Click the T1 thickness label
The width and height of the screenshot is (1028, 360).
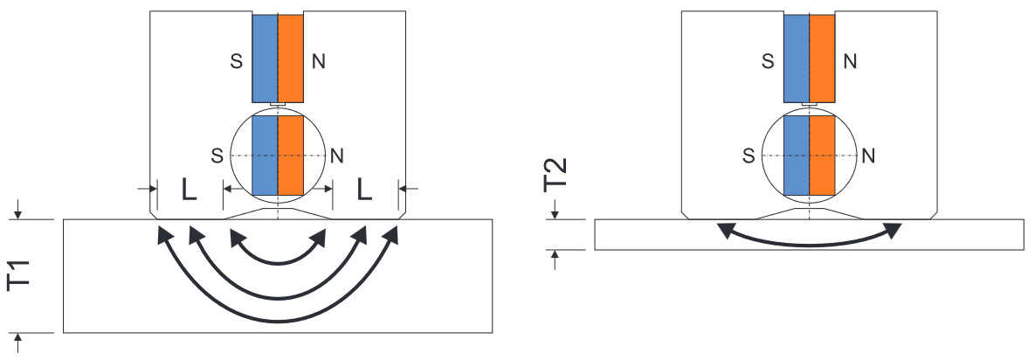[x=20, y=275]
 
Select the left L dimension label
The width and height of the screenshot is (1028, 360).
[x=189, y=190]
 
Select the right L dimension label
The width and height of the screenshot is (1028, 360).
[x=364, y=190]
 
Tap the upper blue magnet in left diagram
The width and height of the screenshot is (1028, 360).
[x=266, y=59]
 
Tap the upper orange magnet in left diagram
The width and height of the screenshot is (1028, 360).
[x=291, y=59]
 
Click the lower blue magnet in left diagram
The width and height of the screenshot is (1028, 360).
[x=266, y=156]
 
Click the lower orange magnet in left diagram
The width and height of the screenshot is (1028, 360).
[x=291, y=156]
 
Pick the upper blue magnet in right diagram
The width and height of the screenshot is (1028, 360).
[x=797, y=59]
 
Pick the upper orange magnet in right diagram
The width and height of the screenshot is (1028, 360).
[x=822, y=59]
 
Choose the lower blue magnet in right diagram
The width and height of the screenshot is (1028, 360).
[x=797, y=156]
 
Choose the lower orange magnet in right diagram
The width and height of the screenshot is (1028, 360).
[x=822, y=156]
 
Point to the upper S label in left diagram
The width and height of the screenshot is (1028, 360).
[x=237, y=62]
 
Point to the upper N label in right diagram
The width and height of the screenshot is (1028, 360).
[x=850, y=62]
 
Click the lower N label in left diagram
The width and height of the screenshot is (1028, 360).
[x=337, y=156]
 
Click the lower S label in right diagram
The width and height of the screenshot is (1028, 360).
[x=748, y=156]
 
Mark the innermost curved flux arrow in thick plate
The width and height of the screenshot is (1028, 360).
[x=278, y=262]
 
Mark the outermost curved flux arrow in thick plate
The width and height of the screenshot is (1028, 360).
[x=278, y=321]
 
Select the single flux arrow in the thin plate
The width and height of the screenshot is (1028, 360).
[x=809, y=245]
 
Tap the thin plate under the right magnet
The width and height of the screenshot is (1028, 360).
[x=809, y=235]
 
